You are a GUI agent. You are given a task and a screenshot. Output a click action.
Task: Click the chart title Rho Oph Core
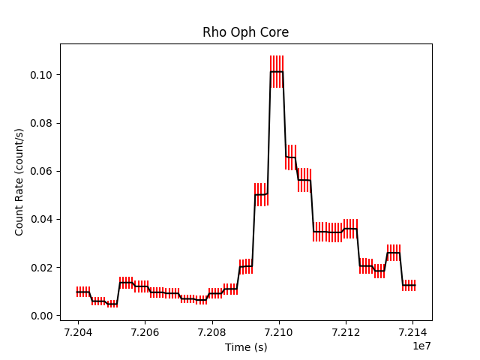(x=245, y=32)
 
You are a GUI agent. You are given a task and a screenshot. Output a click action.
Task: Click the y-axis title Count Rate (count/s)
(x=19, y=181)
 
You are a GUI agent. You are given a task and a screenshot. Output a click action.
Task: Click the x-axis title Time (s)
(x=245, y=347)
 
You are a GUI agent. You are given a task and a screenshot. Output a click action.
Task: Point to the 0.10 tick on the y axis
(x=43, y=75)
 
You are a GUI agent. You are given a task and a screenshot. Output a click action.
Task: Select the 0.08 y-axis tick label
(x=43, y=123)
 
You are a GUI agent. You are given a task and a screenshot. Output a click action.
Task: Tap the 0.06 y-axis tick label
(x=43, y=171)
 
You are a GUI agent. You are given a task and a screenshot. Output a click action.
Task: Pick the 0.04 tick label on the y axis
(x=43, y=219)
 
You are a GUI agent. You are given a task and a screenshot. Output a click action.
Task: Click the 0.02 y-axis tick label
(x=43, y=267)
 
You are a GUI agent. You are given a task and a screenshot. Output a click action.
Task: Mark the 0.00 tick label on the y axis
(x=43, y=316)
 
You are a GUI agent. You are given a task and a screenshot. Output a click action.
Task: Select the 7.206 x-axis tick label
(x=145, y=332)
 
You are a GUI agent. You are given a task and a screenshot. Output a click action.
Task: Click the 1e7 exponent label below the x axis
(x=421, y=345)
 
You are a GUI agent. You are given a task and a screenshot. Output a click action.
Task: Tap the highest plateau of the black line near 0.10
(x=277, y=72)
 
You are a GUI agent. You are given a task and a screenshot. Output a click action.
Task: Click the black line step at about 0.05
(x=261, y=194)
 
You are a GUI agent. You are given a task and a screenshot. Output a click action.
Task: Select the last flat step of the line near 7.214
(x=409, y=285)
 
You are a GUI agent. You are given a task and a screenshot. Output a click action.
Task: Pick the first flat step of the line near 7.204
(x=82, y=292)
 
